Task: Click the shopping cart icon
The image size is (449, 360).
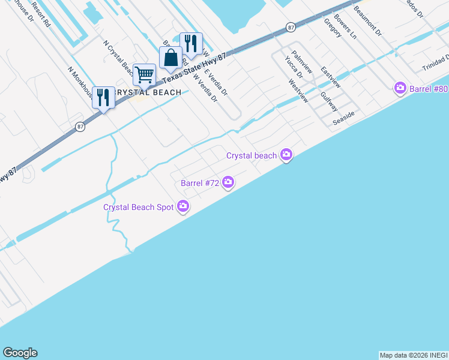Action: [144, 75]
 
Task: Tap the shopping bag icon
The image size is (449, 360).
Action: [170, 58]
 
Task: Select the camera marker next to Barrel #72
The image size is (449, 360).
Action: [228, 182]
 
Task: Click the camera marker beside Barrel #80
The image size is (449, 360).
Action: [400, 89]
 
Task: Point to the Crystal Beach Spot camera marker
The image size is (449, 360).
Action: [183, 207]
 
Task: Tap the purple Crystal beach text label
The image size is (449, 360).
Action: [251, 155]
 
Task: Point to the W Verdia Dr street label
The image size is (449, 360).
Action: [205, 88]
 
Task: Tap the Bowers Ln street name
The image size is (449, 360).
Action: [346, 26]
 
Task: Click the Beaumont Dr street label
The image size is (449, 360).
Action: [367, 21]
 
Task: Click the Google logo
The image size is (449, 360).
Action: [20, 353]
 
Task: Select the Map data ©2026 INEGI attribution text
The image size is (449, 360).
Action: [414, 355]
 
